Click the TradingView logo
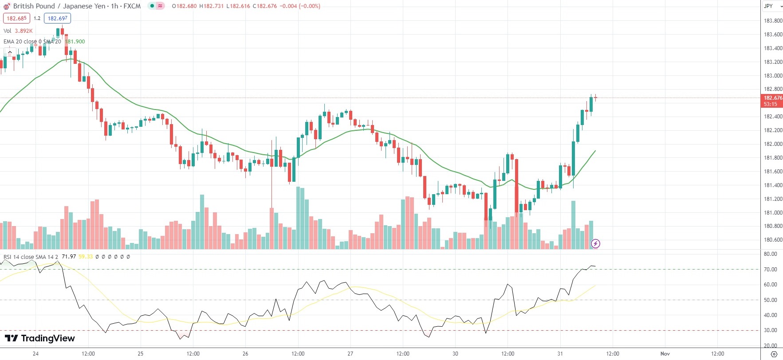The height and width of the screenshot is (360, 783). click(x=40, y=338)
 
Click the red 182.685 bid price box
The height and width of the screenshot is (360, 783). click(x=17, y=19)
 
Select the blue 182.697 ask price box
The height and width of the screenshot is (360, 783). click(x=58, y=19)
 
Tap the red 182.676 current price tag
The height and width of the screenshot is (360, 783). click(x=772, y=98)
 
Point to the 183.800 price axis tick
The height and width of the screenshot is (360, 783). click(x=773, y=21)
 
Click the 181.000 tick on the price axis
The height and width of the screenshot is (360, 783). click(x=773, y=213)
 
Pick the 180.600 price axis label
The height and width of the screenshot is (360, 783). click(x=773, y=240)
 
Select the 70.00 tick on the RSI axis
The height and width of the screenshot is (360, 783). click(x=771, y=270)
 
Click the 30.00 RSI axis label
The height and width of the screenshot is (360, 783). click(x=771, y=330)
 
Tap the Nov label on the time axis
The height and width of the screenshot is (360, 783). click(x=665, y=354)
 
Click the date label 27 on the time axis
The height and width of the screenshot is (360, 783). click(x=350, y=354)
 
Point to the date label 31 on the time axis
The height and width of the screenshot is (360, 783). click(x=560, y=354)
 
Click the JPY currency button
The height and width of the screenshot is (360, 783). click(x=768, y=6)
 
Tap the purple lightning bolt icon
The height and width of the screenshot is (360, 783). click(x=595, y=243)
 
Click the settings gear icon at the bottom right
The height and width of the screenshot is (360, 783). click(x=774, y=354)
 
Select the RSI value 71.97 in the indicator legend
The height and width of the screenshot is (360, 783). click(x=69, y=257)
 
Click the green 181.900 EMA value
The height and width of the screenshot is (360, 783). click(x=75, y=42)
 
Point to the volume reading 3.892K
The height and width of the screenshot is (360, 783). click(x=24, y=31)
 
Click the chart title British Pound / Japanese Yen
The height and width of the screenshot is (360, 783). click(x=59, y=6)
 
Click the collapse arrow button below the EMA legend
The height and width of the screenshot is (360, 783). click(x=10, y=52)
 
